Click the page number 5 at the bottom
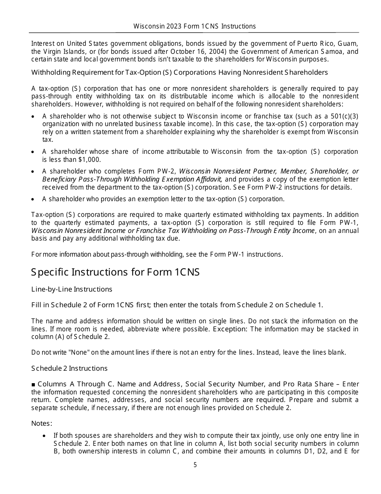click(x=195, y=465)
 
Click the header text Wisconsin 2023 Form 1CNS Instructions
click(x=195, y=26)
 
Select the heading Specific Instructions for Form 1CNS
click(x=116, y=272)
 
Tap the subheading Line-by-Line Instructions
click(x=72, y=289)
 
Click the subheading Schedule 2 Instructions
click(x=69, y=368)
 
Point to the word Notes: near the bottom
click(x=42, y=423)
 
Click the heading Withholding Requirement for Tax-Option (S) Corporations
click(x=179, y=72)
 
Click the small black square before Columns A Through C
click(x=33, y=384)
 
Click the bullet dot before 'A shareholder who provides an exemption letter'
click(x=33, y=199)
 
